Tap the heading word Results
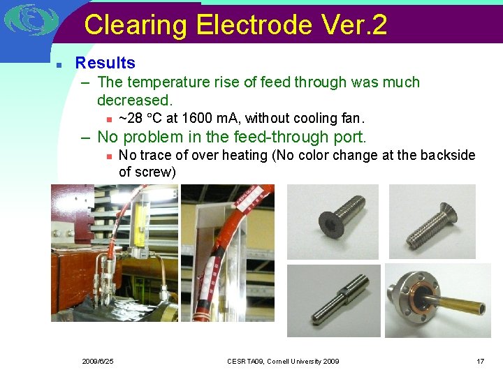105,63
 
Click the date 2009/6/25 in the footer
98,361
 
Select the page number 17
480,361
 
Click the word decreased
135,101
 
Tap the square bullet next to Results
60,64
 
